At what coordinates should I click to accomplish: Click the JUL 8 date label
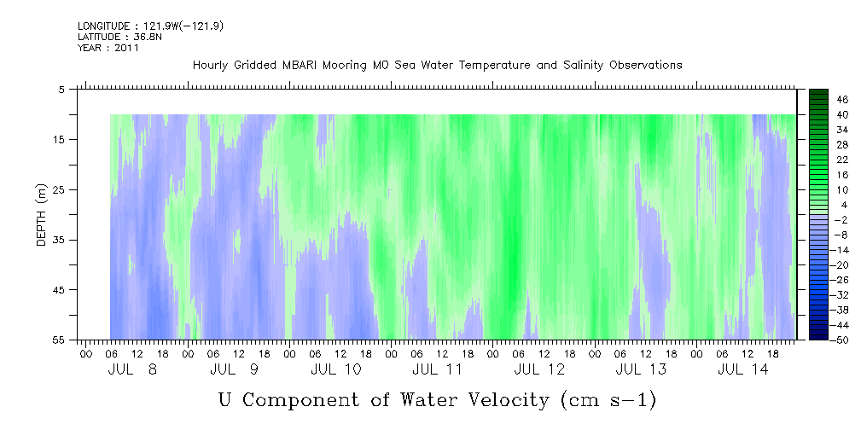pyautogui.click(x=132, y=369)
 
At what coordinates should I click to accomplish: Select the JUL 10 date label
pyautogui.click(x=336, y=369)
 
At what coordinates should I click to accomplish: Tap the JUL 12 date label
pyautogui.click(x=539, y=369)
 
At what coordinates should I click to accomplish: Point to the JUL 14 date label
pyautogui.click(x=743, y=369)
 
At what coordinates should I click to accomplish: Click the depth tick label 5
pyautogui.click(x=61, y=89)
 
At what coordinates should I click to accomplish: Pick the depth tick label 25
pyautogui.click(x=58, y=190)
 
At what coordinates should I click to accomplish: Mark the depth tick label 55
pyautogui.click(x=58, y=340)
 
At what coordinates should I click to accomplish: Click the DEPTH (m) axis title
pyautogui.click(x=41, y=215)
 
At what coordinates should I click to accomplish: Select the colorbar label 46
pyautogui.click(x=842, y=100)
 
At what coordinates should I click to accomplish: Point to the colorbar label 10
pyautogui.click(x=842, y=190)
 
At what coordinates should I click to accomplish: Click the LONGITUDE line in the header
pyautogui.click(x=150, y=26)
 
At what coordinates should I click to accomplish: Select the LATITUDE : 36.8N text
pyautogui.click(x=119, y=37)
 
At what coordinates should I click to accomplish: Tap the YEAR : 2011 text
pyautogui.click(x=108, y=48)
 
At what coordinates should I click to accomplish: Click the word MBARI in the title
pyautogui.click(x=300, y=66)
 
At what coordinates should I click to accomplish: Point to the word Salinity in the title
pyautogui.click(x=583, y=66)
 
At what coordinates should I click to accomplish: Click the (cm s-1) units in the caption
pyautogui.click(x=608, y=400)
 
